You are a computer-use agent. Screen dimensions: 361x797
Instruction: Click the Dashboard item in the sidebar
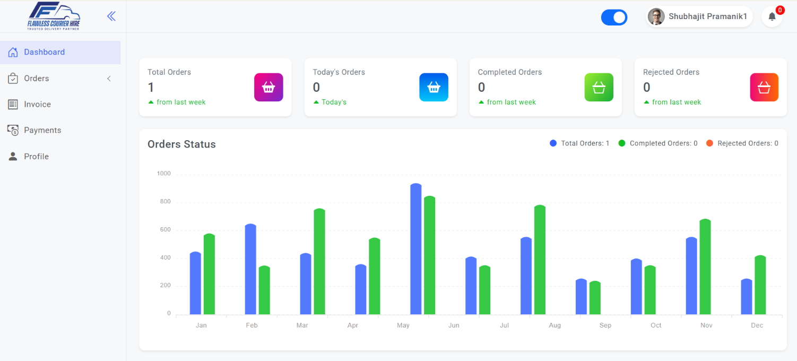coord(44,52)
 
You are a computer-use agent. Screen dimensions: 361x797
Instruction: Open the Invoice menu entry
coord(37,104)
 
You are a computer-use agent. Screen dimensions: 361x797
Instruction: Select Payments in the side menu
coord(42,130)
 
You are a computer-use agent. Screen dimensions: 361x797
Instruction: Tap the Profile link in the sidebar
coord(36,157)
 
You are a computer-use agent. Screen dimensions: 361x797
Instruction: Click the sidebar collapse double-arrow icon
coord(111,16)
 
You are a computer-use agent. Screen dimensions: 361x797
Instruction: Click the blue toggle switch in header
coord(614,18)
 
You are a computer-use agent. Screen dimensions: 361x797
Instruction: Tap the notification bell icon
coord(772,17)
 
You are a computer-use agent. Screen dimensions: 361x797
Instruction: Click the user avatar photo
coord(656,17)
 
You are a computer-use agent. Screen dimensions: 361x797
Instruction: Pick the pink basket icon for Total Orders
coord(268,87)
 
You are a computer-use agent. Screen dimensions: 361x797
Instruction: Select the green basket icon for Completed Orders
coord(599,87)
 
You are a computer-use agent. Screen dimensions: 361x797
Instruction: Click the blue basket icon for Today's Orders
coord(434,87)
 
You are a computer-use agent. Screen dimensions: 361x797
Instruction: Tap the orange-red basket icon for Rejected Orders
coord(764,87)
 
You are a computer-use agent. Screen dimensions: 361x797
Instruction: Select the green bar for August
coord(540,260)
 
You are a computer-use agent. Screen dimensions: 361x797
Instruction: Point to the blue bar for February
coord(250,269)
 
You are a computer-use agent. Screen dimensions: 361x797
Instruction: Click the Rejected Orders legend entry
coord(742,143)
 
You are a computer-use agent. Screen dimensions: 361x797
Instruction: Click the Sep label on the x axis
coord(605,325)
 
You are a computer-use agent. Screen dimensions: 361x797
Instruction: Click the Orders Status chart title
coord(181,144)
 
